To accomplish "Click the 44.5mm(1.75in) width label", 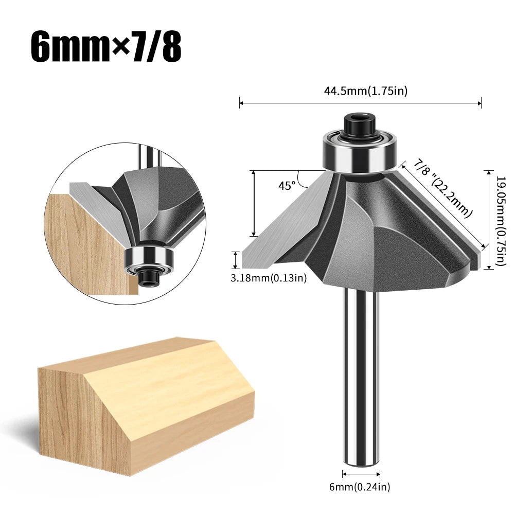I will coord(365,91).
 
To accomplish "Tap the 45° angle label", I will coord(287,186).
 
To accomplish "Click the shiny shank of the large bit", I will coord(360,376).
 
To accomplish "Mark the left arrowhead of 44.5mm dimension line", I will coord(241,103).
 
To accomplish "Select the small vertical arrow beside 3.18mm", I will coord(236,260).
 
